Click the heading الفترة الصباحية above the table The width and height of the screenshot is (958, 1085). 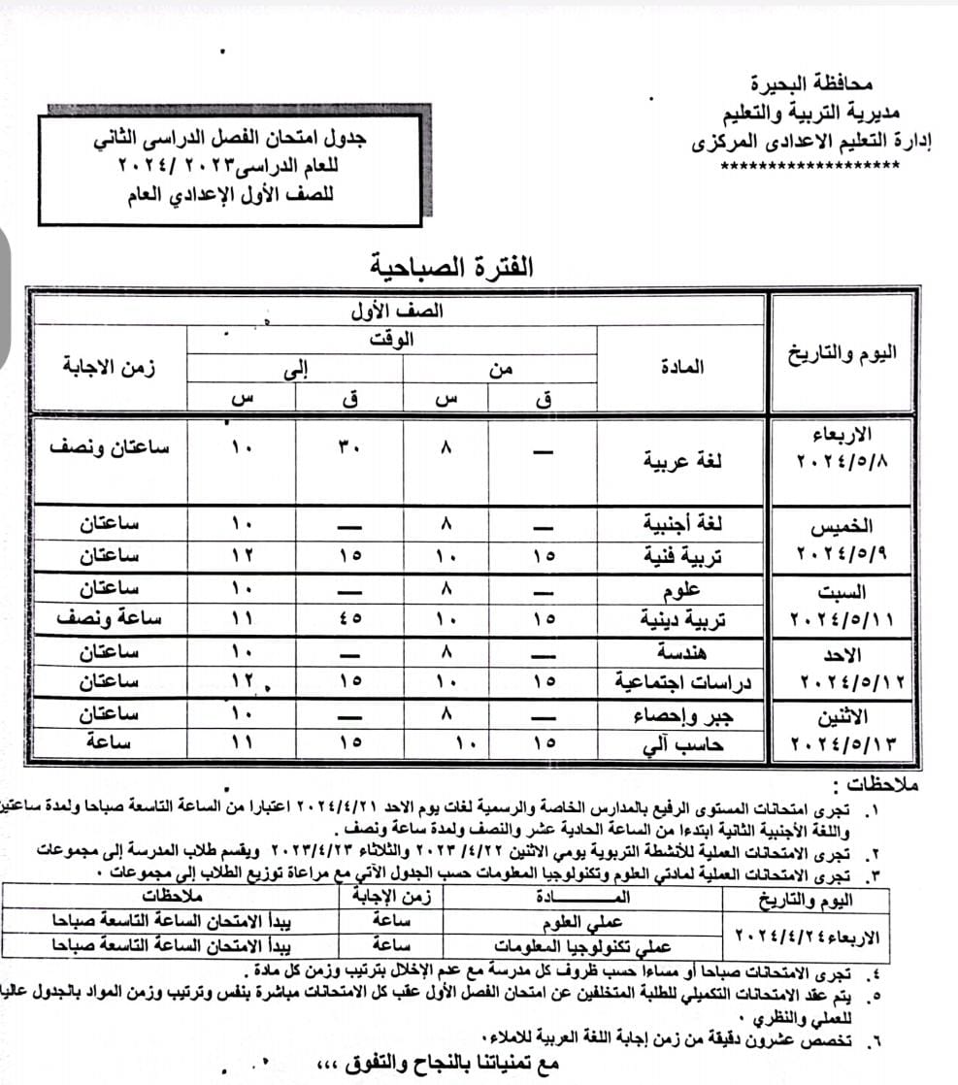(451, 265)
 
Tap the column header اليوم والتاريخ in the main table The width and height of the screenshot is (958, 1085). (842, 352)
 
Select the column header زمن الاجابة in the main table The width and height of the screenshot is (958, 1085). (108, 368)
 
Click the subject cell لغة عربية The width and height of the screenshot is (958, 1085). (683, 461)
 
